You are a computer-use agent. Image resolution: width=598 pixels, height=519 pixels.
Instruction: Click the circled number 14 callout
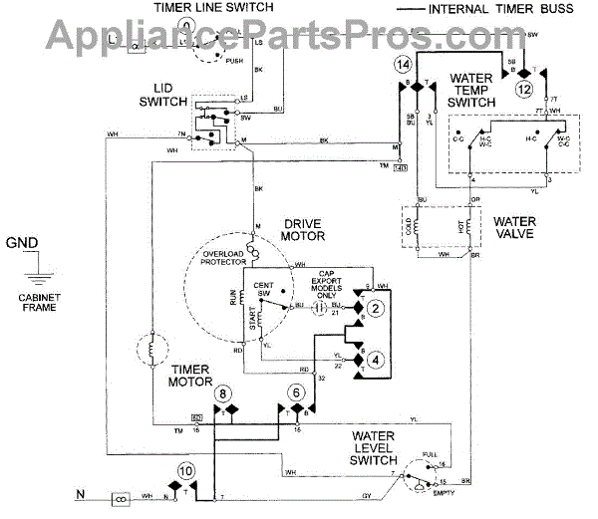pos(403,66)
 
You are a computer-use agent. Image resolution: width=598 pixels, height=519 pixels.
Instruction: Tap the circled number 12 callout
pos(523,88)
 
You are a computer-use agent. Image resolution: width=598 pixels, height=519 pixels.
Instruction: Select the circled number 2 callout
pos(375,309)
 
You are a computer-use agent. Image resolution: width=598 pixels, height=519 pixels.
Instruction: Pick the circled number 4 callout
pos(375,358)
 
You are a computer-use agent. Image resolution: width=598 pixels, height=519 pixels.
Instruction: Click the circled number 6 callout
pos(295,392)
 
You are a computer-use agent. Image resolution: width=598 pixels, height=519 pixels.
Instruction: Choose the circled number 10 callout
pos(185,470)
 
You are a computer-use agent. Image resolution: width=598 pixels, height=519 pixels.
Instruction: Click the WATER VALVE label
pos(514,226)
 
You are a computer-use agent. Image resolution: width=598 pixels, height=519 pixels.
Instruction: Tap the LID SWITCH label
pos(159,95)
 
